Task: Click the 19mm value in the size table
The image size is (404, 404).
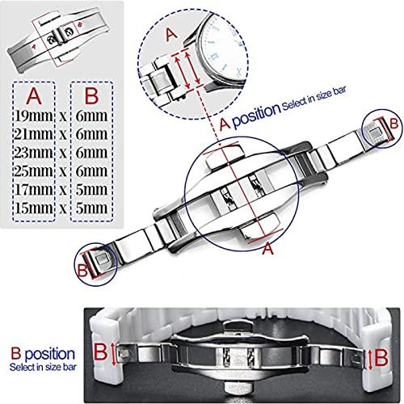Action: tap(34, 116)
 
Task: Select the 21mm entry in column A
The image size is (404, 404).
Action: tap(34, 134)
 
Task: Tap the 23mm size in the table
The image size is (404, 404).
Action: tap(34, 153)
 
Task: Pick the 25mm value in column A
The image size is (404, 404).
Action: tap(34, 171)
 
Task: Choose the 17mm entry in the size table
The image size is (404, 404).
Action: tap(34, 190)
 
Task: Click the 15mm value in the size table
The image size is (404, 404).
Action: tap(34, 208)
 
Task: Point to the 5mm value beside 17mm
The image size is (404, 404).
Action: tap(91, 190)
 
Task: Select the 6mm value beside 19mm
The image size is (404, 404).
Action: tap(91, 116)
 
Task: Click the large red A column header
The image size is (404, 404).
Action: tap(34, 96)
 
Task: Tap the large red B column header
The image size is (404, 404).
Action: tap(91, 96)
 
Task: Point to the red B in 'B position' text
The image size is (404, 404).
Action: tap(16, 354)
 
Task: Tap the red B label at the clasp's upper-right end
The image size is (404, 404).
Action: tap(393, 124)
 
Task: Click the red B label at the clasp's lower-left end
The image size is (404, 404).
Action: tap(82, 270)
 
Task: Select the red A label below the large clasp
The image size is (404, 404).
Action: tap(267, 248)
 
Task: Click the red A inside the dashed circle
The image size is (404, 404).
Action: tap(171, 35)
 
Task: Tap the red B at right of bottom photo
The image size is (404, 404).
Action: tap(381, 358)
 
